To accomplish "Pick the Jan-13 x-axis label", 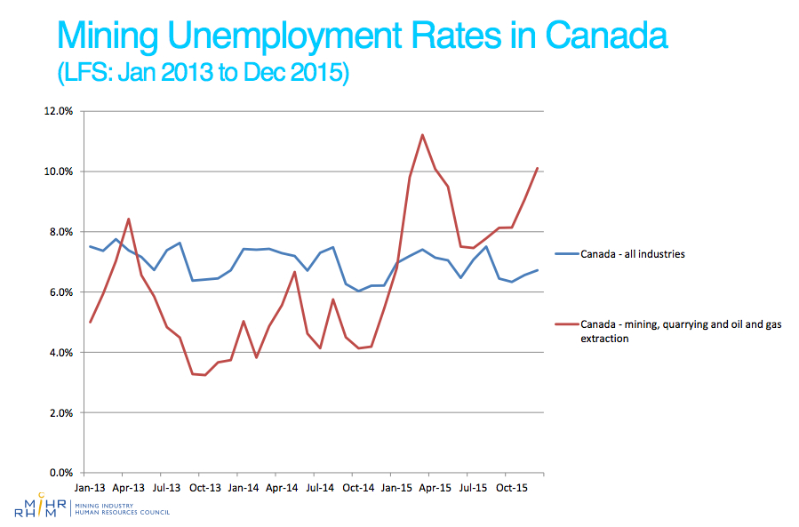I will pyautogui.click(x=91, y=488).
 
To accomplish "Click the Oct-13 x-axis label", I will pyautogui.click(x=205, y=488).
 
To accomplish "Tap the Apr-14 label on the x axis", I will pyautogui.click(x=282, y=488).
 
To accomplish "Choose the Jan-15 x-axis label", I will pyautogui.click(x=396, y=488).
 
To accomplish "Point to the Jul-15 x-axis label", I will pyautogui.click(x=472, y=488).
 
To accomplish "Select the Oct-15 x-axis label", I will pyautogui.click(x=511, y=488).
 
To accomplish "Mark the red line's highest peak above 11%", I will pyautogui.click(x=422, y=135).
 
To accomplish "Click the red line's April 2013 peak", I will pyautogui.click(x=129, y=219).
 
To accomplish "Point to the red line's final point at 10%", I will pyautogui.click(x=537, y=168).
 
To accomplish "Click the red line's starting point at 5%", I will pyautogui.click(x=91, y=322).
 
